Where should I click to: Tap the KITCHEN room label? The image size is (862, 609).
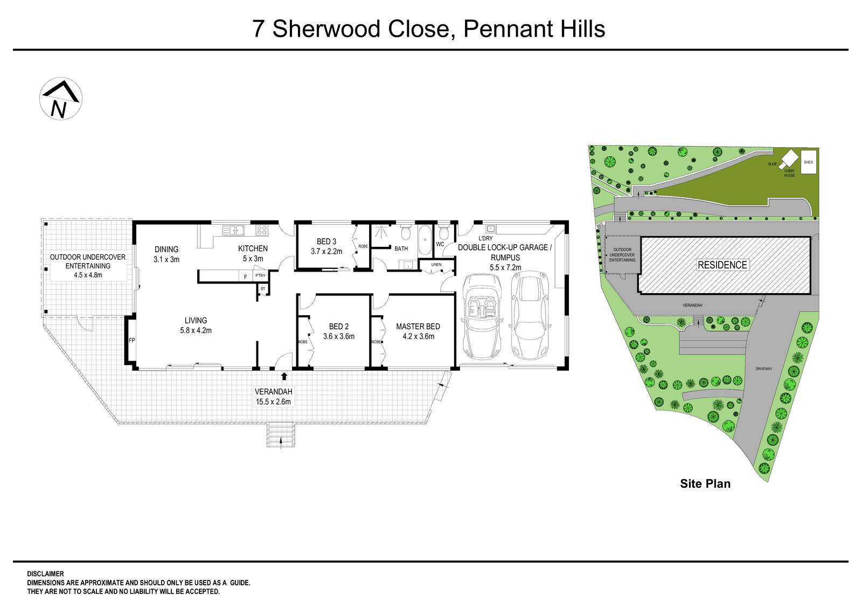click(x=253, y=248)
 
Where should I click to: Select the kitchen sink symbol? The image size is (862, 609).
click(x=233, y=231)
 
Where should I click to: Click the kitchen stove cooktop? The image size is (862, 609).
click(x=261, y=231)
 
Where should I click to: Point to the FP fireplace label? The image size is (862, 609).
click(x=131, y=341)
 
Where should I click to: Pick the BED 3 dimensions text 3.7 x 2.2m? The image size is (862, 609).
click(x=326, y=251)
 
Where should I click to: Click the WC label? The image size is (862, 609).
click(x=440, y=244)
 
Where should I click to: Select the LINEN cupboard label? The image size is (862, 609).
click(x=436, y=265)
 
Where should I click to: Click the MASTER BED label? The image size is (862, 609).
click(x=418, y=327)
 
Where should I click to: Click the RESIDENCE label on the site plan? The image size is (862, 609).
click(x=722, y=265)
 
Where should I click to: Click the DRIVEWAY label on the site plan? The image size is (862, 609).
click(x=764, y=369)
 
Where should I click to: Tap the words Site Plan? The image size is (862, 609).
click(x=705, y=483)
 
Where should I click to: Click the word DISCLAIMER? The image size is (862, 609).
click(x=45, y=574)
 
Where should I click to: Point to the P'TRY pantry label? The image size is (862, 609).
click(x=260, y=276)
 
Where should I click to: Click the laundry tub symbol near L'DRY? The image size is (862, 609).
click(x=491, y=229)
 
